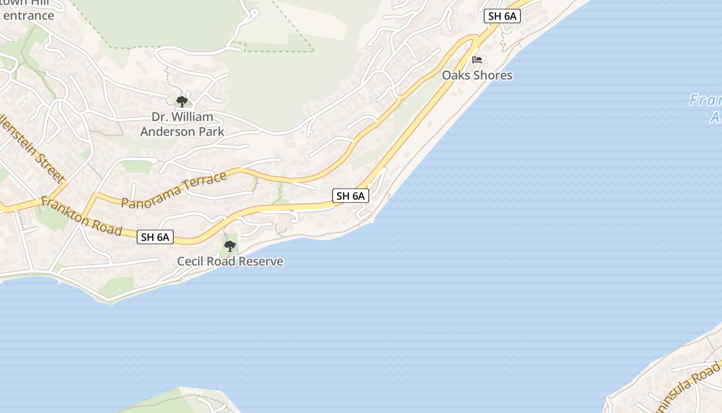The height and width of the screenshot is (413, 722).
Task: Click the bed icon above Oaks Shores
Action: tap(477, 60)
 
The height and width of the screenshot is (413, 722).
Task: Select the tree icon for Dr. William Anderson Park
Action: tap(182, 101)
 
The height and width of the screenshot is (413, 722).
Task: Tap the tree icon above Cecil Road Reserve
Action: tap(230, 246)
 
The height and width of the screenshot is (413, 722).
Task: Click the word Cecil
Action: tap(191, 262)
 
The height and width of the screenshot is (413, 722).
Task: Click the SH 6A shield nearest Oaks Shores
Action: tap(502, 16)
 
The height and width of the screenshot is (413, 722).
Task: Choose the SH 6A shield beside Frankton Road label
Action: tap(155, 237)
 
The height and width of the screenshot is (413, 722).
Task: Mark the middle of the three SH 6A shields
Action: tap(351, 196)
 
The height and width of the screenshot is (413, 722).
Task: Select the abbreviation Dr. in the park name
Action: tap(161, 117)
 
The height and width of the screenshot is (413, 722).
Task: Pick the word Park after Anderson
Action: tap(212, 132)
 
